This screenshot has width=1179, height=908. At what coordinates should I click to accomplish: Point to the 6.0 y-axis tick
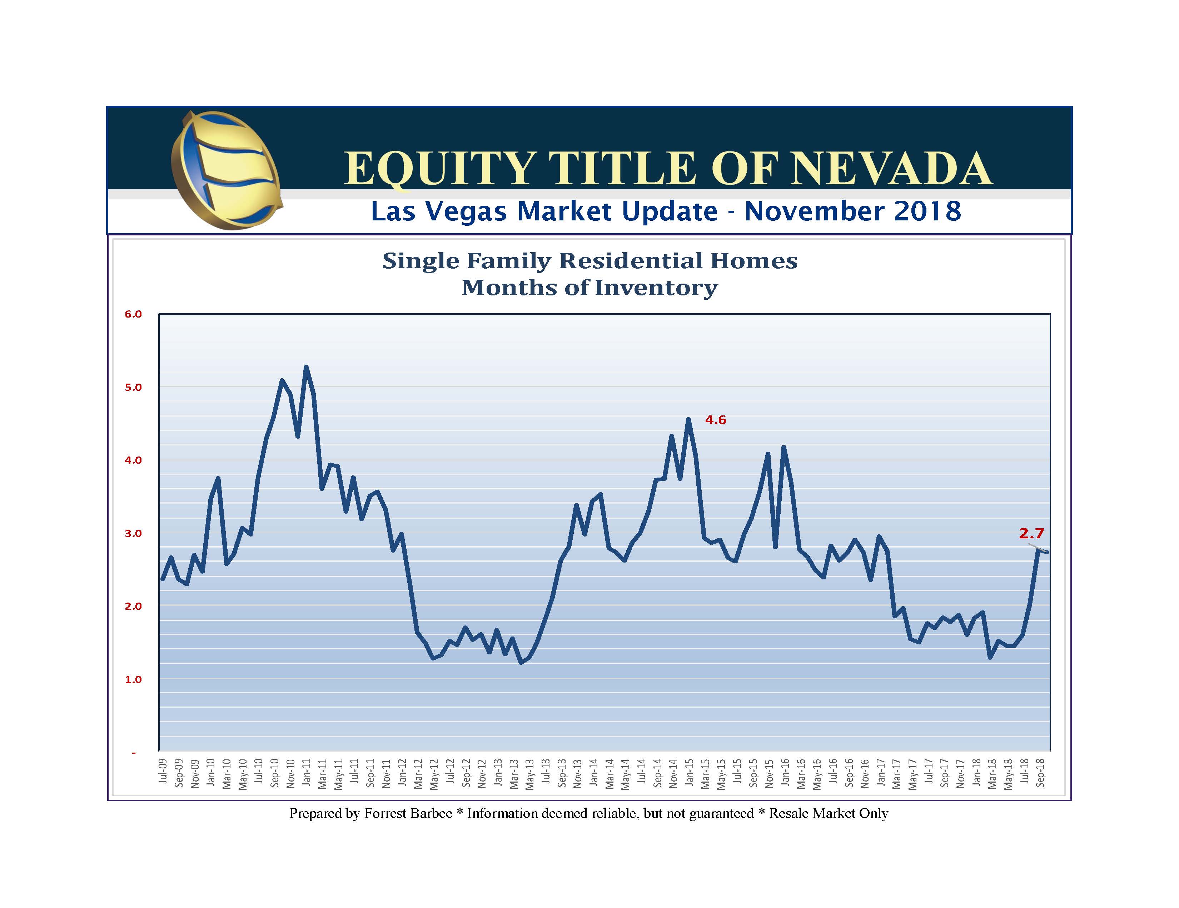[133, 314]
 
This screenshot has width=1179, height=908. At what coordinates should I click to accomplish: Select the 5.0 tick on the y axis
[133, 387]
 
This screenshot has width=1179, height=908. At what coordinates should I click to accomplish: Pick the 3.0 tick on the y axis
[133, 533]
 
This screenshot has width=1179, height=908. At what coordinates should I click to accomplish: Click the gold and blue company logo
[226, 170]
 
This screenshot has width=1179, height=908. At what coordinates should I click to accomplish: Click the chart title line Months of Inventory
[589, 288]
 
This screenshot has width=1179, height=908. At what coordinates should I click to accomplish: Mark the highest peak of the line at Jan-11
[306, 367]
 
